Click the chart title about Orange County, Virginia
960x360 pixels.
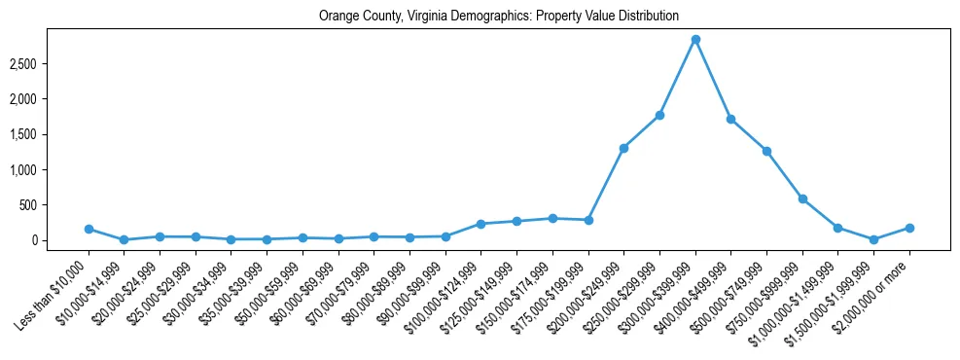point(499,17)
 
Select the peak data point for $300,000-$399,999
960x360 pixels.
point(695,40)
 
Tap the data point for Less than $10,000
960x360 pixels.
point(89,229)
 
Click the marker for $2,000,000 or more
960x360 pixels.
point(909,228)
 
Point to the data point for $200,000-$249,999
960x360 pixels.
point(623,148)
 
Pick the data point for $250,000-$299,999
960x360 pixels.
point(659,115)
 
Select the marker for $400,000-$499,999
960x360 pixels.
point(730,119)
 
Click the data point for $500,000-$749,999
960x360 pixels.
point(766,151)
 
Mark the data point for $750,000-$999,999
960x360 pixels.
point(802,198)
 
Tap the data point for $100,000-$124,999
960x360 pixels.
point(480,224)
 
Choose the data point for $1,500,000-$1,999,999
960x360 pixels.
point(873,239)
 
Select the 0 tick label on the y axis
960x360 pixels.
point(60,240)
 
